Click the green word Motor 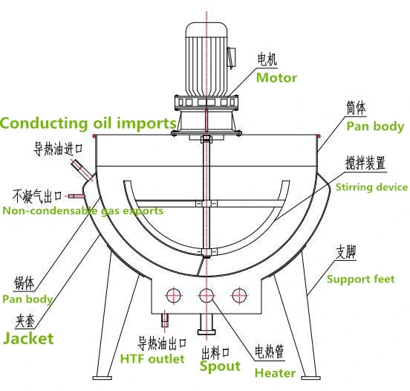pyautogui.click(x=276, y=77)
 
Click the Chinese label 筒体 pyautogui.click(x=356, y=108)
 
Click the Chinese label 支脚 pyautogui.click(x=346, y=253)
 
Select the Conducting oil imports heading pyautogui.click(x=88, y=123)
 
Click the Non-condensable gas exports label pyautogui.click(x=82, y=211)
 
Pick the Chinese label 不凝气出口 pyautogui.click(x=36, y=196)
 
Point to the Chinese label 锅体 pyautogui.click(x=24, y=283)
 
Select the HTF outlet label pyautogui.click(x=152, y=359)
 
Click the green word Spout pyautogui.click(x=221, y=366)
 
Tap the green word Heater pyautogui.click(x=276, y=372)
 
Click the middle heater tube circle pyautogui.click(x=205, y=294)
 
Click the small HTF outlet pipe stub pyautogui.click(x=165, y=320)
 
